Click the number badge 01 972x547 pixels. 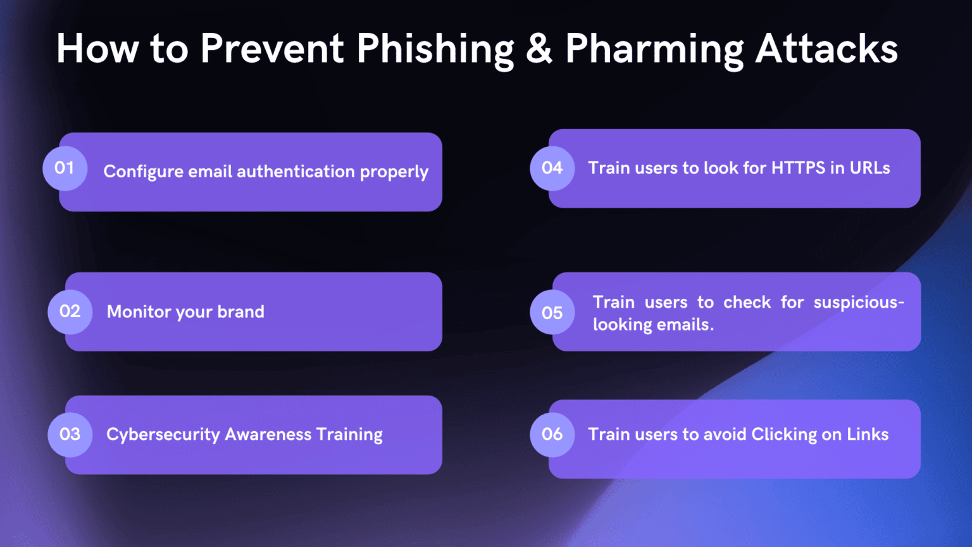coord(65,168)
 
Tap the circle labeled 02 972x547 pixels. coord(70,311)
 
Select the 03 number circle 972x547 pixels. coord(70,434)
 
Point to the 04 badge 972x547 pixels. coord(552,168)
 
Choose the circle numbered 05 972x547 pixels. coord(552,313)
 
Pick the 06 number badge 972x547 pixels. coord(552,434)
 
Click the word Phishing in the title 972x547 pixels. coord(435,49)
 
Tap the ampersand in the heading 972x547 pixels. coord(539,49)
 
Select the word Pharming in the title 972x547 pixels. coord(654,49)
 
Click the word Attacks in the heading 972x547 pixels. coord(826,49)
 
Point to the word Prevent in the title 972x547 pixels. coord(272,49)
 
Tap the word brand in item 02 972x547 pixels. coord(240,311)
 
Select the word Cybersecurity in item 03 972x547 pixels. coord(163,435)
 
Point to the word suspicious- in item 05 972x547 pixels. coord(859,303)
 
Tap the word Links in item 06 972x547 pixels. coord(868,434)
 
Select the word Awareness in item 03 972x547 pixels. coord(268,434)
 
